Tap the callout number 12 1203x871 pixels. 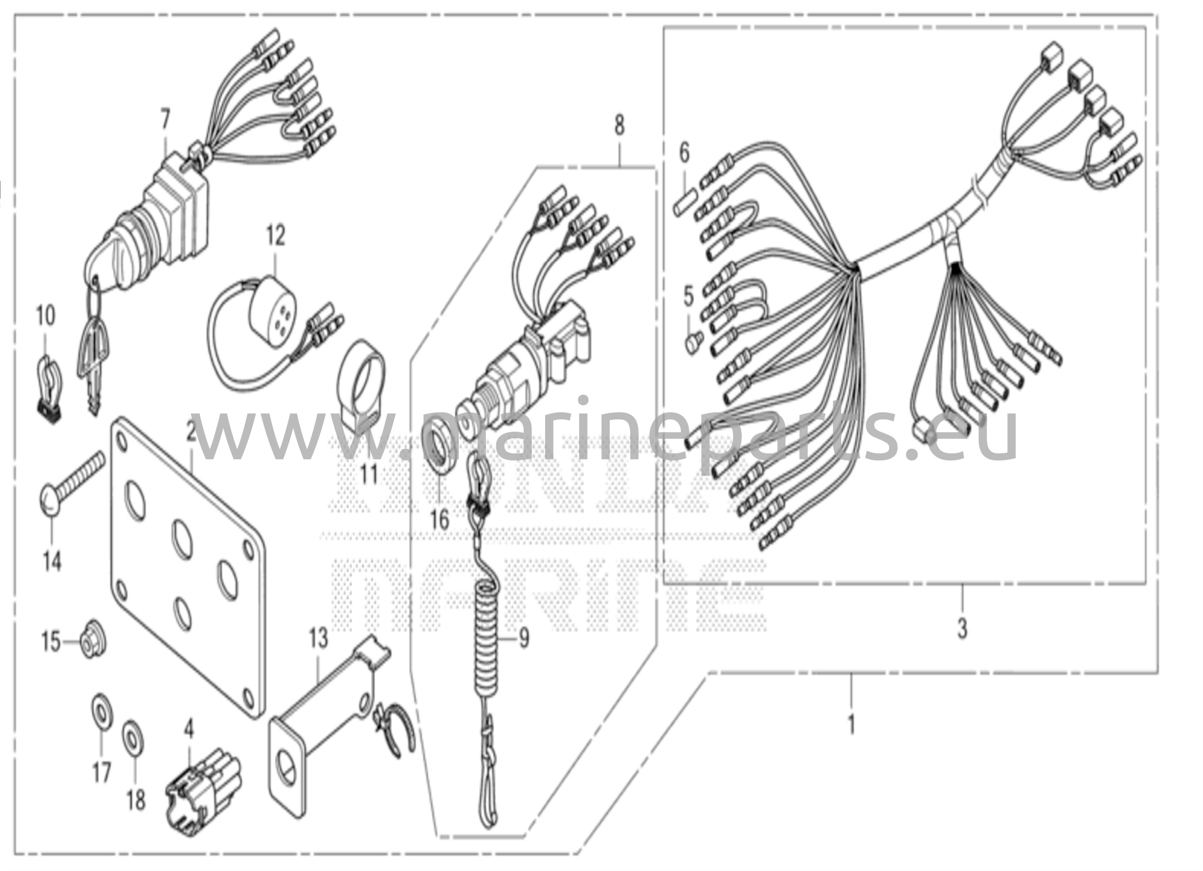(x=275, y=235)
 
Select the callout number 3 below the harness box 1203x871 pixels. (x=962, y=628)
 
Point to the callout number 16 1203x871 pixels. (x=439, y=520)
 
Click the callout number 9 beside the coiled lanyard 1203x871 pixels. (x=523, y=637)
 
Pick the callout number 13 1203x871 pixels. (x=318, y=638)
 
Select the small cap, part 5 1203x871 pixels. (x=693, y=341)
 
